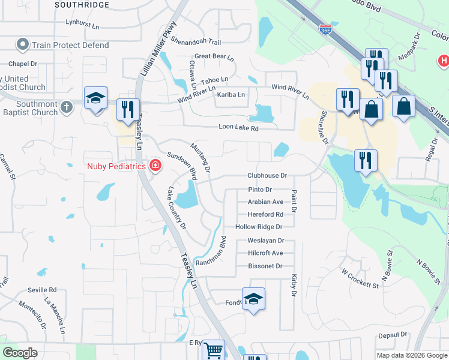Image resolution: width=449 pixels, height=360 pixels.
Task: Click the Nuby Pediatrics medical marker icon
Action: pos(155,165)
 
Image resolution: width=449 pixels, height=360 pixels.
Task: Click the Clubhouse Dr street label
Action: pos(268,176)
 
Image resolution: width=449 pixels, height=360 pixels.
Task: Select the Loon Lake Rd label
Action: pos(238,128)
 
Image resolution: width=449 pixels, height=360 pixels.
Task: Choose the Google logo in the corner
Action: pos(20,353)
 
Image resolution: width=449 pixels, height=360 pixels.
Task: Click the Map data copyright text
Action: pos(412,355)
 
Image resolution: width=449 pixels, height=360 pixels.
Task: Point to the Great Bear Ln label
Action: pos(214,56)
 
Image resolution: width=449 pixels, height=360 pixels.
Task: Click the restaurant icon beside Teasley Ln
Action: pos(127,109)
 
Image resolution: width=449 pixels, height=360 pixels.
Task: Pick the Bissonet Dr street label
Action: pos(265,266)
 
